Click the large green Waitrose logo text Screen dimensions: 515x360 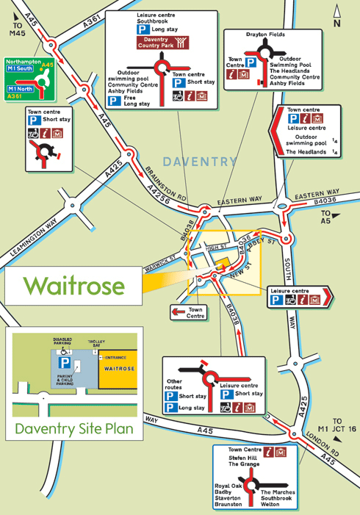tap(73, 286)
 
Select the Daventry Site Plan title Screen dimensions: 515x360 tap(74, 428)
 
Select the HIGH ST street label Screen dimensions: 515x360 tap(215, 247)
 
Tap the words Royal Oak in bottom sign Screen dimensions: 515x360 tap(228, 486)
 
